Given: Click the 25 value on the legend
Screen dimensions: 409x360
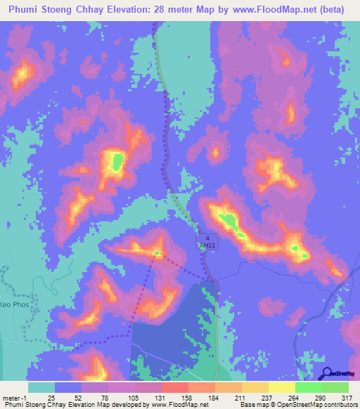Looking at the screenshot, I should pyautogui.click(x=51, y=398).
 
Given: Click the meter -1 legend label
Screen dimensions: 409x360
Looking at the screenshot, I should pyautogui.click(x=15, y=398).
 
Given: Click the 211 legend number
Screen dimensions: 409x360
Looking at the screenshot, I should pyautogui.click(x=240, y=398).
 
